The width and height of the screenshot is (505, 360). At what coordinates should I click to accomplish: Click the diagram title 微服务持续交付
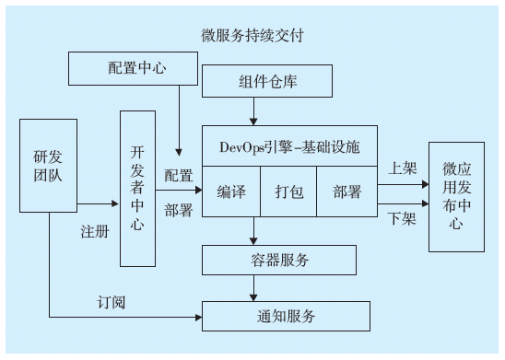coord(252,36)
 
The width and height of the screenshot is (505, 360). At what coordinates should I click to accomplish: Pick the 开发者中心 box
coord(137,189)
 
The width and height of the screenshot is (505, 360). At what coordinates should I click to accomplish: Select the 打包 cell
coord(288,192)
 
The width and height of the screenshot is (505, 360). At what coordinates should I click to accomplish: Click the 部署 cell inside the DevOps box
coord(346,192)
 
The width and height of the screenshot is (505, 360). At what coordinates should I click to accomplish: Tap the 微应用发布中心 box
coord(456,197)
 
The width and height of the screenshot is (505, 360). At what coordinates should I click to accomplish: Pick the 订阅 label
coord(112,301)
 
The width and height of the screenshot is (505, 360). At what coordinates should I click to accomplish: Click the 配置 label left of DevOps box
coord(179,174)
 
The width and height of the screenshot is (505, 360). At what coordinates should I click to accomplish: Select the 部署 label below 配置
coord(179,211)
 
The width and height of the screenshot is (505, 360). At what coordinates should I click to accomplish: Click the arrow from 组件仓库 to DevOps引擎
coord(253,112)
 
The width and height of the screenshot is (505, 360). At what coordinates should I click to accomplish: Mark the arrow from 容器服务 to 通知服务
coord(253,287)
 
